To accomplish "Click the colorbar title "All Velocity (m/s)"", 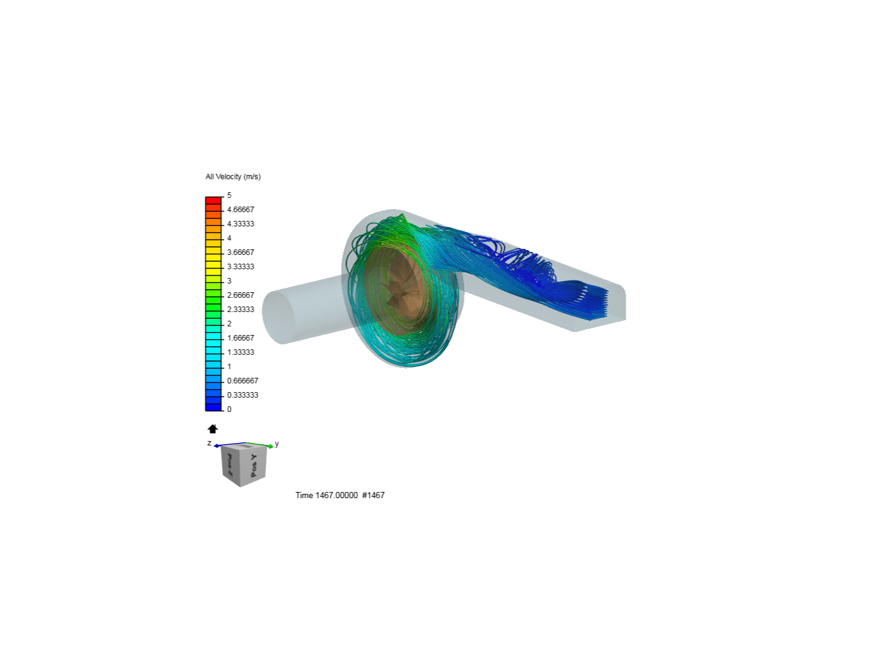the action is click(x=233, y=177).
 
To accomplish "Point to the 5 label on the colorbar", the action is click(x=229, y=195).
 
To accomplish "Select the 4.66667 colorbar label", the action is click(x=241, y=210).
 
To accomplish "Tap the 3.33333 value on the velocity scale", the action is click(x=241, y=267).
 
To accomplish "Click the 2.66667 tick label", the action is click(x=241, y=295).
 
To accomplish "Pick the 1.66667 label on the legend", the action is click(x=241, y=337).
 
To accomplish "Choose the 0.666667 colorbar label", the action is click(x=242, y=381).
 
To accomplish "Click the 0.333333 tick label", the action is click(x=242, y=395).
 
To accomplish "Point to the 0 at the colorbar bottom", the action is click(x=229, y=409).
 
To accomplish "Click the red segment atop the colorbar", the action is click(x=213, y=200).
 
